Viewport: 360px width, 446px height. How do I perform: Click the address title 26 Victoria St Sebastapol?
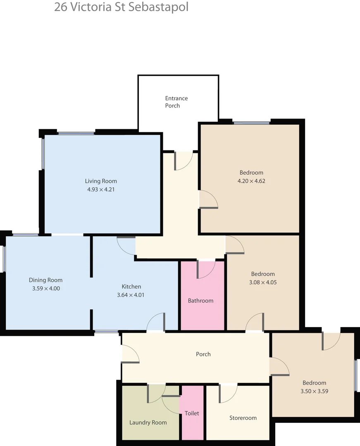(x=121, y=7)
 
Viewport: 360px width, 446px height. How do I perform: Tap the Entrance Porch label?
(x=176, y=102)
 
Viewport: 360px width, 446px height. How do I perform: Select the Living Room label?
(x=101, y=181)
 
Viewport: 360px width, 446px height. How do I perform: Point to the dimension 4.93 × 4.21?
(x=101, y=190)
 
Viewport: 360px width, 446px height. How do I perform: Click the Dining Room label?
(x=45, y=280)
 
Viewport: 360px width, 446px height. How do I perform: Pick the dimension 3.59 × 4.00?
(x=46, y=289)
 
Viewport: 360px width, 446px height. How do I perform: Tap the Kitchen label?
(x=131, y=287)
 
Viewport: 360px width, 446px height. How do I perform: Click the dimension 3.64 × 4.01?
(x=131, y=295)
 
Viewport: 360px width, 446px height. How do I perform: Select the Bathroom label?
(x=200, y=301)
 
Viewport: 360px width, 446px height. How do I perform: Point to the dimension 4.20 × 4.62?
(x=251, y=181)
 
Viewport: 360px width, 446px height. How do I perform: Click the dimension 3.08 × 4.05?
(x=263, y=282)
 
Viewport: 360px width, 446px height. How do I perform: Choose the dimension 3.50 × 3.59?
(x=314, y=391)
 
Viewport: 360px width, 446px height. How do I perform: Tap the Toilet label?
(x=192, y=413)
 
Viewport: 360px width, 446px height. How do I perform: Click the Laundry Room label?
(x=148, y=422)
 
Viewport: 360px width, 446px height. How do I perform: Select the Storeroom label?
(x=243, y=418)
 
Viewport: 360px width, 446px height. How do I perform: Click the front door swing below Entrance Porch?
(x=183, y=161)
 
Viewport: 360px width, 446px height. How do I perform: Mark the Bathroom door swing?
(x=206, y=269)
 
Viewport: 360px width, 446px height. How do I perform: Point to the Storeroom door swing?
(x=228, y=393)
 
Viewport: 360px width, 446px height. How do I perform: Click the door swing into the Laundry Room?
(x=156, y=393)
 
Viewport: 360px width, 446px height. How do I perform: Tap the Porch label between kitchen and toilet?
(x=203, y=354)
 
